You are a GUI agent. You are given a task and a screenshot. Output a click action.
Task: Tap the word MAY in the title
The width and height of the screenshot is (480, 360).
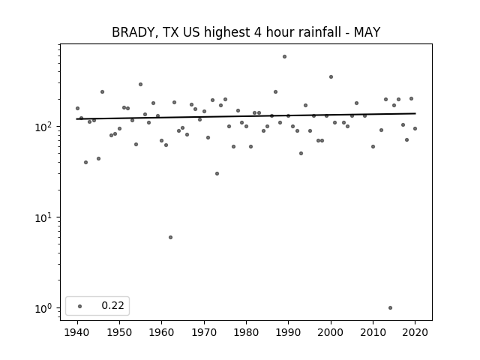coord(367,32)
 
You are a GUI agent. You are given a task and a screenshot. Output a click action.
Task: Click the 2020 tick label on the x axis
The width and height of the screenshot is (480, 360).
coord(415,332)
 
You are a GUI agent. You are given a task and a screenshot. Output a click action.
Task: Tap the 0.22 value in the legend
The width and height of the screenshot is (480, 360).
coord(112,305)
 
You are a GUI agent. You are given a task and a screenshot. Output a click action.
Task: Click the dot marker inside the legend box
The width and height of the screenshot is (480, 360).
coord(80,306)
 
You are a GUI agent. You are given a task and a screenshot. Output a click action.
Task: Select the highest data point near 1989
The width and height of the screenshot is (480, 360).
coord(284,57)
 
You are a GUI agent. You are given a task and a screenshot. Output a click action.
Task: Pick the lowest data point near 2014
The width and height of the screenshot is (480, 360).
coord(390,308)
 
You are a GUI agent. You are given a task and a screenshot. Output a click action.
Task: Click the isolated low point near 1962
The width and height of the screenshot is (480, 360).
coord(170,238)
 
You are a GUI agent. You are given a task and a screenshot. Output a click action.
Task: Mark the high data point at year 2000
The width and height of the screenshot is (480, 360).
coord(331,76)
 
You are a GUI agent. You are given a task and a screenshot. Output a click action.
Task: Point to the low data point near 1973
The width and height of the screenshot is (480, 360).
coord(217,173)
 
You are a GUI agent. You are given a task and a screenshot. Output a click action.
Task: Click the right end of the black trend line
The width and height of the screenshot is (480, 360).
coord(415,113)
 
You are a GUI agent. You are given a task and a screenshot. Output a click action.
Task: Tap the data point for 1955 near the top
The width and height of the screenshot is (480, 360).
coord(140,85)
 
